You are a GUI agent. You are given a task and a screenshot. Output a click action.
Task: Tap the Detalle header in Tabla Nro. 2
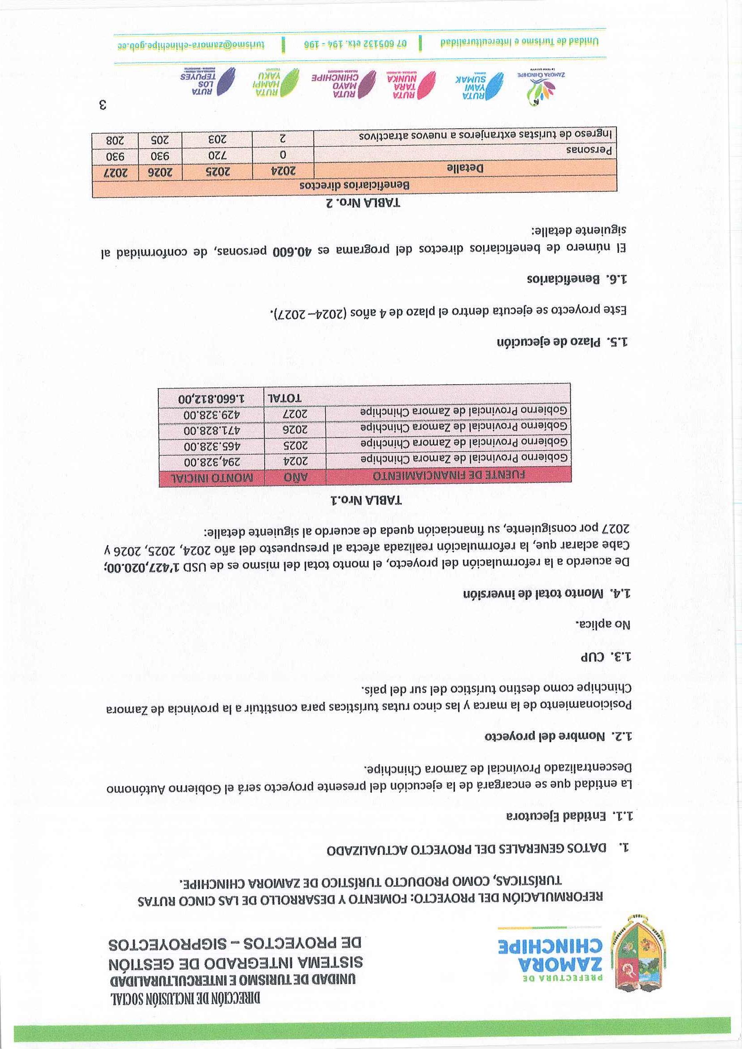[464, 168]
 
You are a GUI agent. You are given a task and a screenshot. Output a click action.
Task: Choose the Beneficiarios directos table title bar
[354, 186]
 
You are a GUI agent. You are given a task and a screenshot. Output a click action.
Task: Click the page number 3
[103, 106]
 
